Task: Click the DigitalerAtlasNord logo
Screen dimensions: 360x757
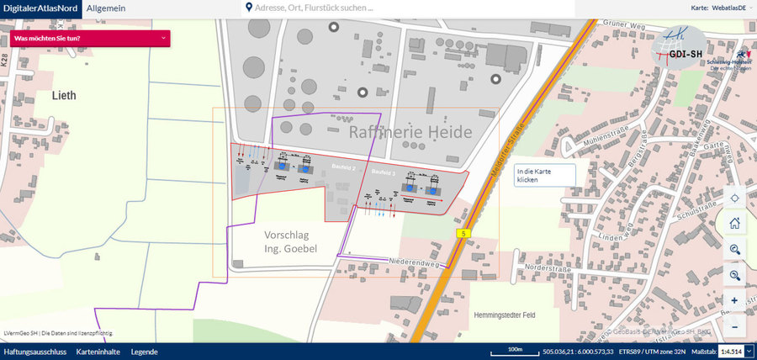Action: click(40, 8)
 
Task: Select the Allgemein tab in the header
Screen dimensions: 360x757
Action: click(108, 8)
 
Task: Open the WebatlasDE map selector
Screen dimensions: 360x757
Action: click(719, 8)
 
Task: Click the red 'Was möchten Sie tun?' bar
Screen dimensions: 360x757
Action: click(91, 38)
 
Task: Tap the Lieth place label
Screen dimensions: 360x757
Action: click(65, 95)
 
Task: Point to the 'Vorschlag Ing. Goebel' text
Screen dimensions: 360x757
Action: click(291, 241)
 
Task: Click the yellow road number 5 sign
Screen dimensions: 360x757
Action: click(463, 232)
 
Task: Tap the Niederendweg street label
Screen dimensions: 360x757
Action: click(415, 262)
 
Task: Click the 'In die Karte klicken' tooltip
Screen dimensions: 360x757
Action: click(545, 175)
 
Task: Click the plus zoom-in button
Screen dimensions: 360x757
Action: click(734, 301)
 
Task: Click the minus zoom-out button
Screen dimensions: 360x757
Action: click(734, 326)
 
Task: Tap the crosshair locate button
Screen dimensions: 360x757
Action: click(734, 199)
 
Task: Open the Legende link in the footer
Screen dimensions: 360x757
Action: click(144, 352)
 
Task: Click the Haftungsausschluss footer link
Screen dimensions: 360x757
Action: click(34, 352)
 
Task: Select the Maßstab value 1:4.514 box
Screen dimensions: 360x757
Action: click(732, 352)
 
